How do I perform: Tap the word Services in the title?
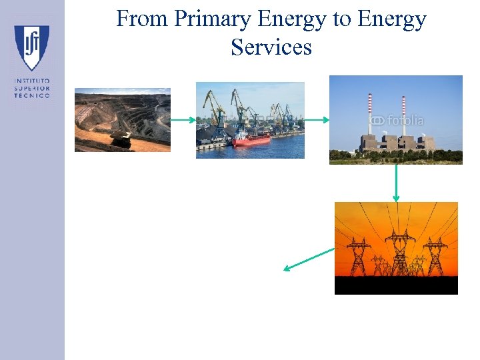pos(271,47)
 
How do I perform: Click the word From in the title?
pos(141,19)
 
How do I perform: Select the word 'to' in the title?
pos(341,19)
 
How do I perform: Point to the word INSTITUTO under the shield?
pos(31,82)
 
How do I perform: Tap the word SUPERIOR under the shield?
pos(31,89)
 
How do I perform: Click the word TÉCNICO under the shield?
pos(31,95)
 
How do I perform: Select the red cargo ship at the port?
pos(251,139)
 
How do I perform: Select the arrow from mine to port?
pos(183,120)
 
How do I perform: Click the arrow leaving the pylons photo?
pos(309,259)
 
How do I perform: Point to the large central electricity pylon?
pos(399,252)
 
